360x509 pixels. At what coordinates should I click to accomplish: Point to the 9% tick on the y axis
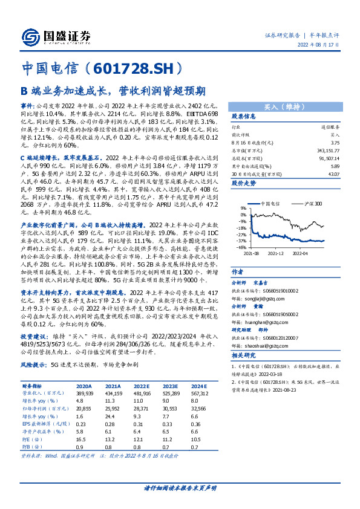point(243,221)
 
